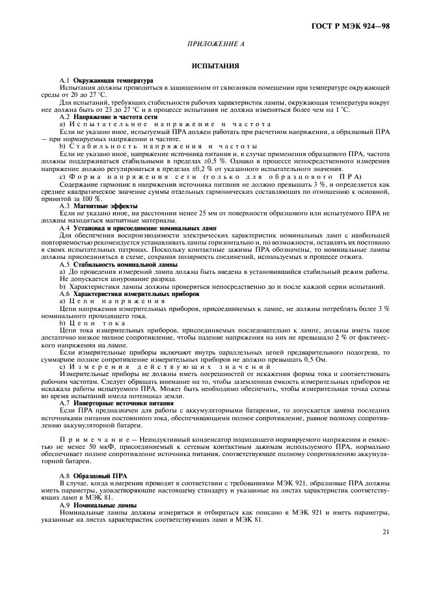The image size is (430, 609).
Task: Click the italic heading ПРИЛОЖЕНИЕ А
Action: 215,44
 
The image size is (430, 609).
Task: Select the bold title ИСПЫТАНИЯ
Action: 215,66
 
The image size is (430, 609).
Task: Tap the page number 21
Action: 386,531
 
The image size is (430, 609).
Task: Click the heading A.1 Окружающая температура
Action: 101,80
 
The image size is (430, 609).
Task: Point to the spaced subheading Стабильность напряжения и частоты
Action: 155,146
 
